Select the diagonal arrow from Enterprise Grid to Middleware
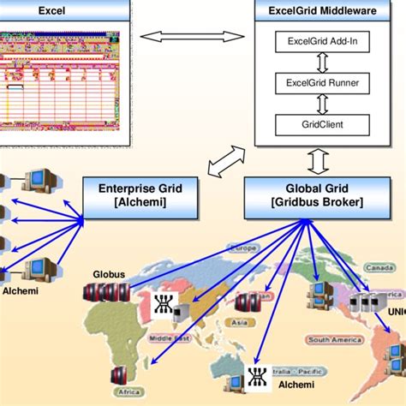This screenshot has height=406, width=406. pos(224,160)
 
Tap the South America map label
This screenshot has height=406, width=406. pos(330,340)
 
